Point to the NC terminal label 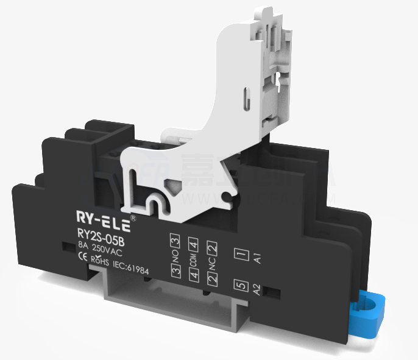pos(212,264)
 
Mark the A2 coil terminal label pos(258,291)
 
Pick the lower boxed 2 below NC pos(212,280)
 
